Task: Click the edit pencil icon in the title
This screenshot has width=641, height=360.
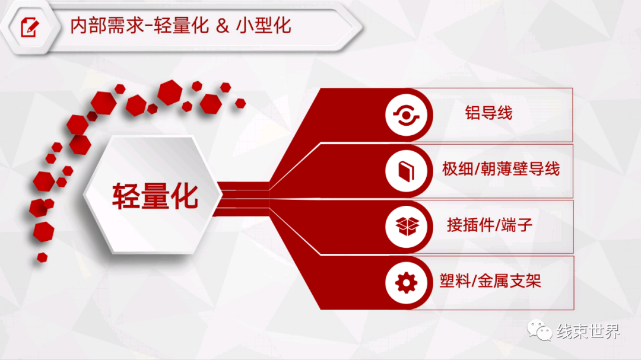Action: (x=30, y=27)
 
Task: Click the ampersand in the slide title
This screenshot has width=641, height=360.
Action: (x=222, y=26)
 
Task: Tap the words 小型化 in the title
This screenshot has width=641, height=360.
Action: (x=264, y=26)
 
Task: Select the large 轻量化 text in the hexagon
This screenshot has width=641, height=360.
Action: (x=155, y=196)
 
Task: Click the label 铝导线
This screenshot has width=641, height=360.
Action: (x=488, y=113)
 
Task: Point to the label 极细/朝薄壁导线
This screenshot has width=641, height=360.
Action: (x=501, y=169)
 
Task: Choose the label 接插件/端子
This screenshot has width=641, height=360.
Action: (x=489, y=225)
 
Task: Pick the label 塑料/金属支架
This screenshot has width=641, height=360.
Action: (x=490, y=281)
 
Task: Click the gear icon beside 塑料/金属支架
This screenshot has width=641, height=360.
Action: (x=407, y=283)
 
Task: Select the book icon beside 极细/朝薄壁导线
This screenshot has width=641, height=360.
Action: (x=407, y=171)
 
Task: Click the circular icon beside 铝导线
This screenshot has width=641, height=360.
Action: (x=406, y=115)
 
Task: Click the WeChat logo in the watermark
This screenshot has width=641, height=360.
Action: (x=540, y=330)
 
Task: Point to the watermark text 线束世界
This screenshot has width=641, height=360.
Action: (x=588, y=331)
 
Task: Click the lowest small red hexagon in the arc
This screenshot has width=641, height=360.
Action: (x=42, y=257)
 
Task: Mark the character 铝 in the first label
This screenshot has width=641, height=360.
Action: (x=472, y=113)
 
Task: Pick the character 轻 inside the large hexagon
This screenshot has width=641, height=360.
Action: (x=126, y=196)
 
